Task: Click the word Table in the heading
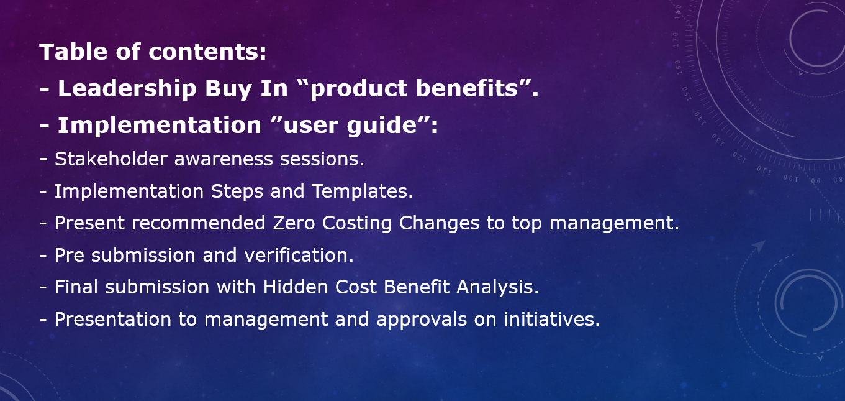tap(73, 52)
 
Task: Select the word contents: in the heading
tap(207, 52)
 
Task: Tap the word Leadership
tap(127, 89)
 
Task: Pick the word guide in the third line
tap(382, 126)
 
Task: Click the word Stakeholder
tap(111, 159)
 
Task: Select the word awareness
tap(224, 160)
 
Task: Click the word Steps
tap(237, 191)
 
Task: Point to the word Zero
tap(294, 223)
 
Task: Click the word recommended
tap(199, 223)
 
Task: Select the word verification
tap(299, 256)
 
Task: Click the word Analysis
tap(497, 287)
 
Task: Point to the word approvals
tap(422, 320)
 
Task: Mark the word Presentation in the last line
tap(113, 320)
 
